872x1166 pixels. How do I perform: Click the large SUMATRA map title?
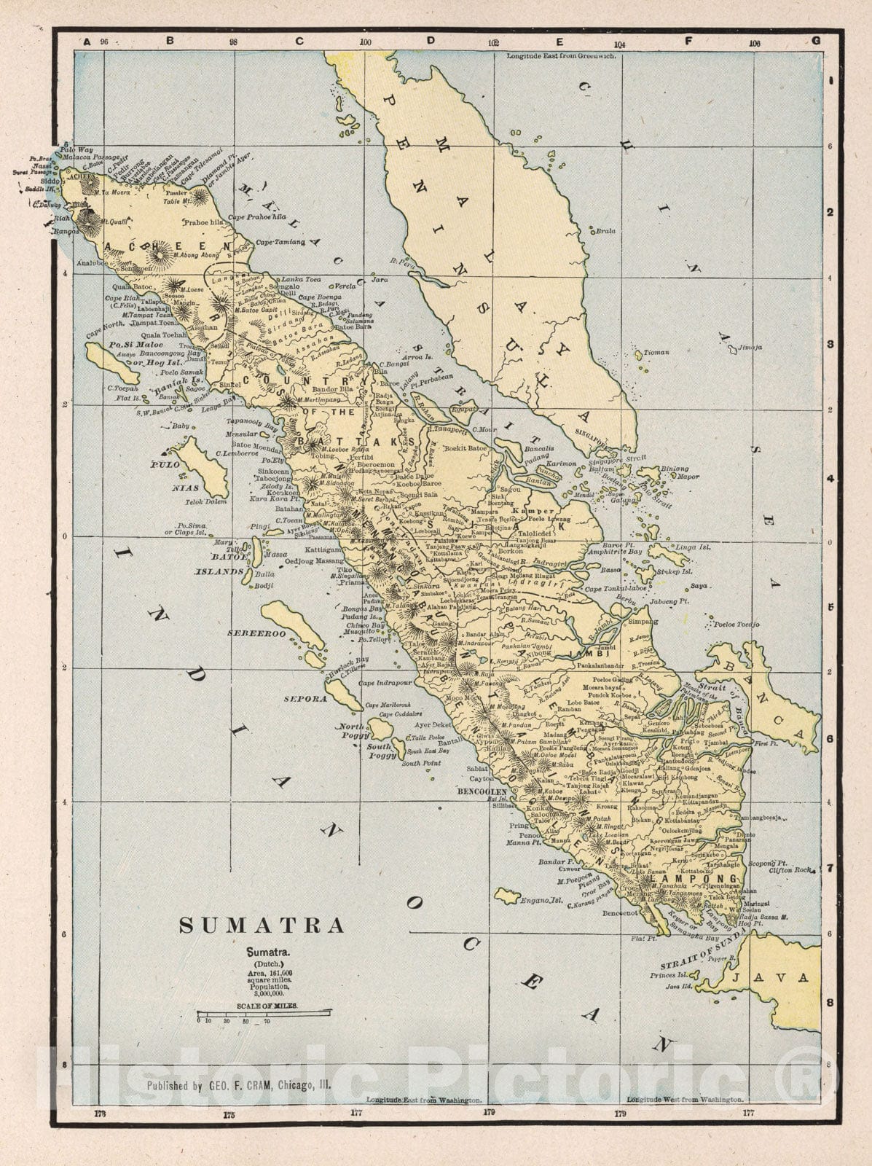(262, 926)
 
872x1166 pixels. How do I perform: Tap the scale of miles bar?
(264, 1013)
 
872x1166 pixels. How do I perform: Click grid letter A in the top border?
(86, 42)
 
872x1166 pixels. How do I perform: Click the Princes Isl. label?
(668, 975)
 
